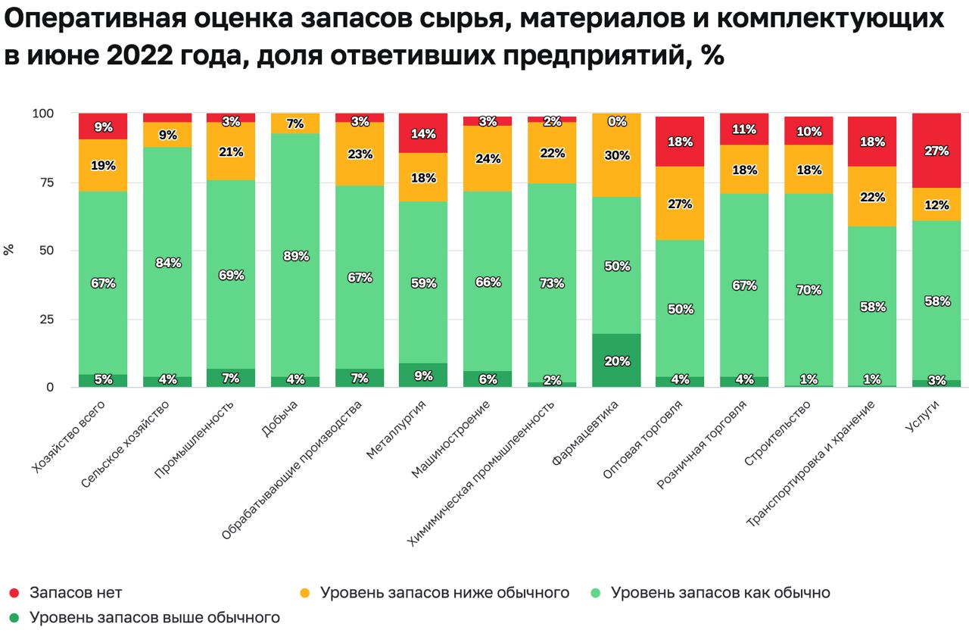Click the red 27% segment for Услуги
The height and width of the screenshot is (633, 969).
point(936,151)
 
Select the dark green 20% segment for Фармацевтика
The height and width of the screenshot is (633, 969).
point(617,360)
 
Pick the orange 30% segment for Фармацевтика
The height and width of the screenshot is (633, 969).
point(617,154)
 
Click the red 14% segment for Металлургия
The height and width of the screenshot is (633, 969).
point(424,133)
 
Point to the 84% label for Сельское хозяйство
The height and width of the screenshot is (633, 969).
point(167,263)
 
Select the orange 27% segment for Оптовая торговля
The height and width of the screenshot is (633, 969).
point(681,203)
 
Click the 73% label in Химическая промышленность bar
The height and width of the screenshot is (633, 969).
point(553,283)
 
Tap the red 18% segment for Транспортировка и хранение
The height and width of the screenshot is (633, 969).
point(872,142)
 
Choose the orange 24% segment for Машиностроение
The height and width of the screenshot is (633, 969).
point(488,158)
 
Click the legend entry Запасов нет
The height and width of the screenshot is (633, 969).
point(76,592)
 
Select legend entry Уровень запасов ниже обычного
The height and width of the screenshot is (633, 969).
point(444,592)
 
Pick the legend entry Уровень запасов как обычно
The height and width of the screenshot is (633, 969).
point(720,592)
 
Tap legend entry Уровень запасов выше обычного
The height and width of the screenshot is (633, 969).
point(154,618)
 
